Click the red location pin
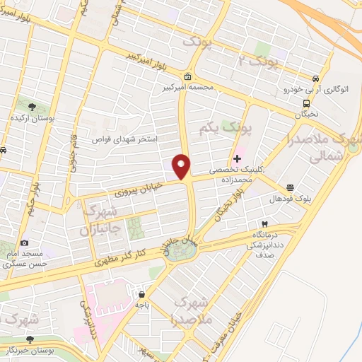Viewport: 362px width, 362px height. [x=182, y=167]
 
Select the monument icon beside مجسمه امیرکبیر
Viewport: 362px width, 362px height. [x=187, y=77]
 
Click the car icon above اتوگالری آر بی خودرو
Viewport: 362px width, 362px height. [x=315, y=78]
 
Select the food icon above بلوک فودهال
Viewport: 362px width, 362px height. [x=291, y=187]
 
